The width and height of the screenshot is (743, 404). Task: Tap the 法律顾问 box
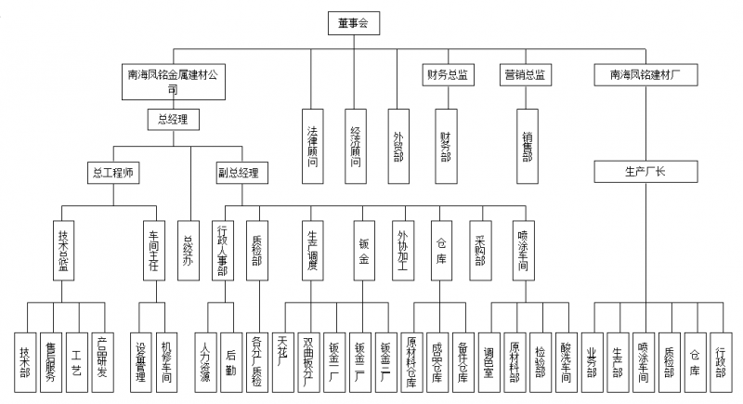click(312, 140)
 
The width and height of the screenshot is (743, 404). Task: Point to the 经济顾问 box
click(356, 140)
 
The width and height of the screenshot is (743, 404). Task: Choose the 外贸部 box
click(398, 140)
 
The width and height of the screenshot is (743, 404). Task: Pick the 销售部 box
click(528, 140)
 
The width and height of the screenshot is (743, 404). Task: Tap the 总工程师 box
click(114, 172)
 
